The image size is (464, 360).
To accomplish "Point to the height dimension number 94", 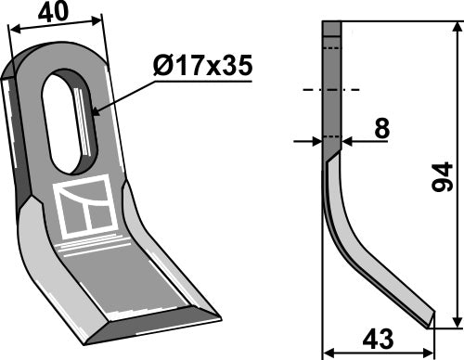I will (x=443, y=175).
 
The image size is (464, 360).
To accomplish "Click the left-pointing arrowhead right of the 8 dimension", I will (x=348, y=141).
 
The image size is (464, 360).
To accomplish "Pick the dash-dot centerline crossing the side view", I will (x=331, y=90).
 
